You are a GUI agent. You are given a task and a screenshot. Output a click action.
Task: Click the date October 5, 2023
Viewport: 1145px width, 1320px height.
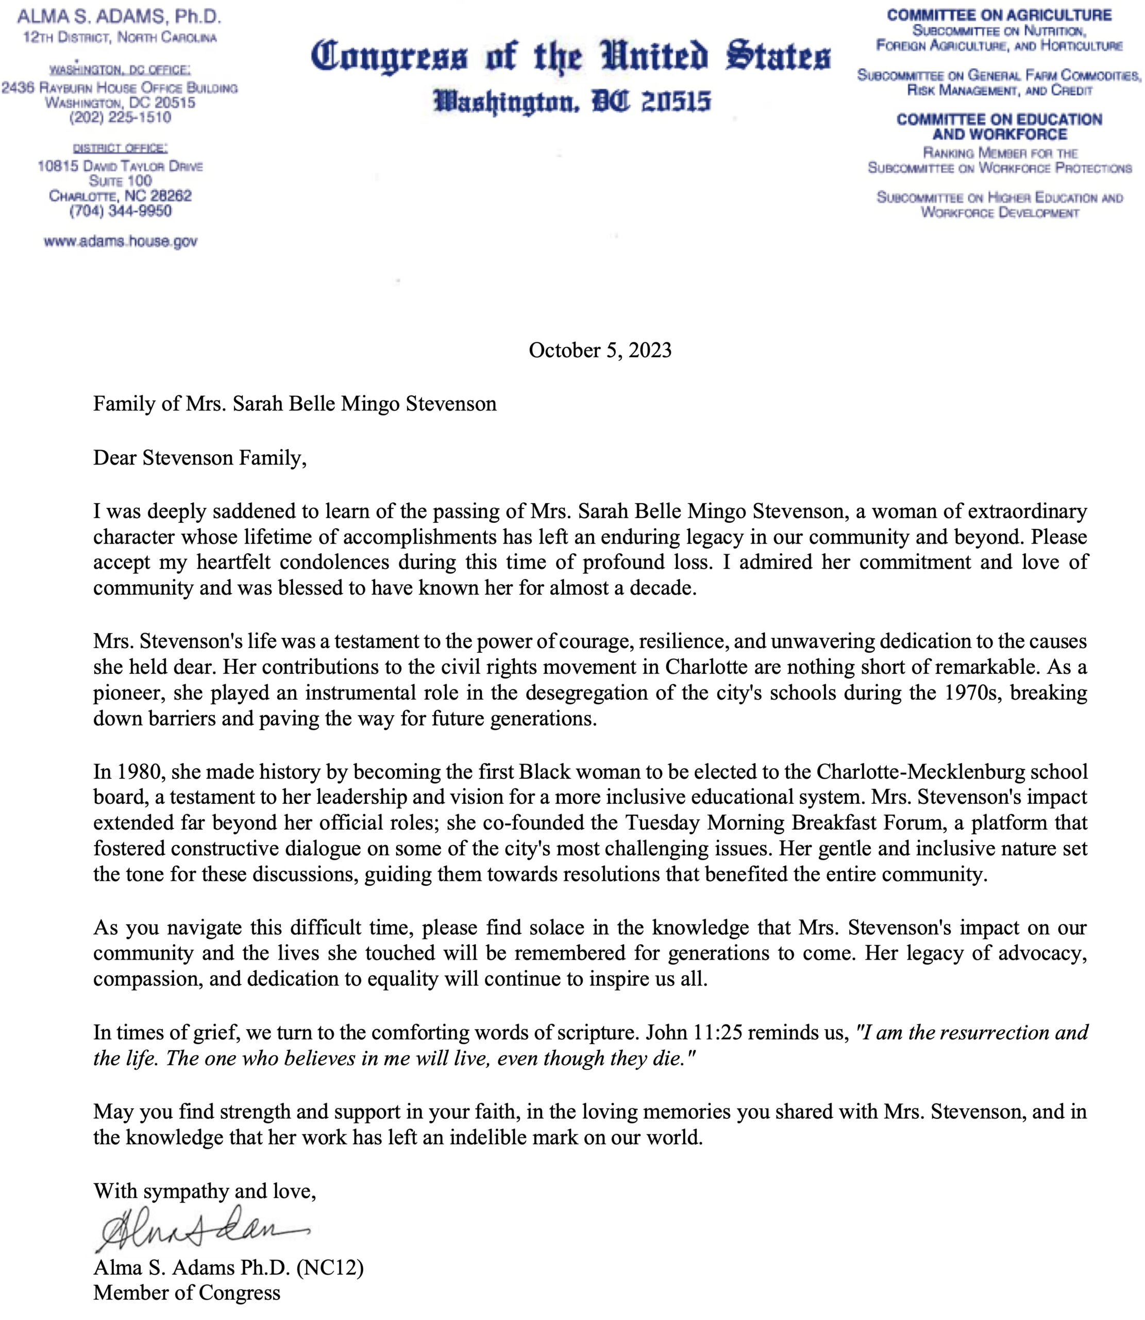point(600,350)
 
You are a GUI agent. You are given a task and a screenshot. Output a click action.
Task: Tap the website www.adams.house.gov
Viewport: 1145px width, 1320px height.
point(120,242)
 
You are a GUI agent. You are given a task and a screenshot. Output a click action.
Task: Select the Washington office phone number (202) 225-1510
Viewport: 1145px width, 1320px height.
point(120,117)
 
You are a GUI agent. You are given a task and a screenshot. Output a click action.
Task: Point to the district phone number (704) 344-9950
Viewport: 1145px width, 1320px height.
point(120,211)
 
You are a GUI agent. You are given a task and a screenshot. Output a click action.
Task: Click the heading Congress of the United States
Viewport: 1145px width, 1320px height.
point(570,56)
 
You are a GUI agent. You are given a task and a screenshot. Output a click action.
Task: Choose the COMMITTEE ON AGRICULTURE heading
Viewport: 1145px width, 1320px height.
point(999,15)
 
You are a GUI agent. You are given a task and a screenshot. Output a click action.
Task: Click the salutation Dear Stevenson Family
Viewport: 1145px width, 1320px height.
point(199,458)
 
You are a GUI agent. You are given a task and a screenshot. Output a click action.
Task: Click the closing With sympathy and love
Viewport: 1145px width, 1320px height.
point(205,1191)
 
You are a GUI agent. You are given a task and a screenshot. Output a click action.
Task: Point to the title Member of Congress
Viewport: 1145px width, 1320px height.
point(187,1293)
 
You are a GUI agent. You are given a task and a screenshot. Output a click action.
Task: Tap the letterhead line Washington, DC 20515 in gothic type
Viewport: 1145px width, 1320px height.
point(572,101)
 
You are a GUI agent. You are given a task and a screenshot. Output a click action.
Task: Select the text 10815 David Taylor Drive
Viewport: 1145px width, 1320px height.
point(120,166)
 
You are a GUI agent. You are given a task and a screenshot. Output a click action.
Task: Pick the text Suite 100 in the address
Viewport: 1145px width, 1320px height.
point(120,181)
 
